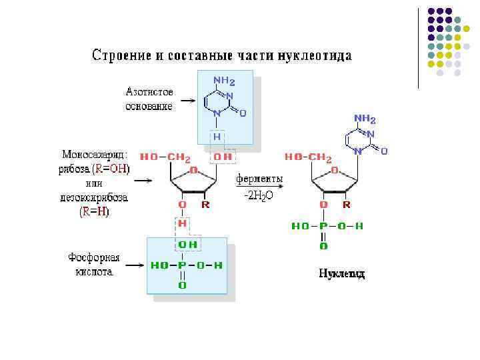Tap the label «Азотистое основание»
tap(149, 99)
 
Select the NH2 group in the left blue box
tap(224, 81)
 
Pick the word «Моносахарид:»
tap(96, 155)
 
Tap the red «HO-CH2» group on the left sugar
tap(165, 157)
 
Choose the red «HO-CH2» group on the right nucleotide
tap(308, 157)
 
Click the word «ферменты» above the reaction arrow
tap(259, 179)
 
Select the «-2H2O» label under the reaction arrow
tap(259, 195)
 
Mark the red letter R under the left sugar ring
tap(205, 205)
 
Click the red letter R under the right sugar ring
tap(347, 205)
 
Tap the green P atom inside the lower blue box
tap(181, 265)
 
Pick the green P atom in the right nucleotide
tap(323, 226)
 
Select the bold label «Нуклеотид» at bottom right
tap(341, 273)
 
